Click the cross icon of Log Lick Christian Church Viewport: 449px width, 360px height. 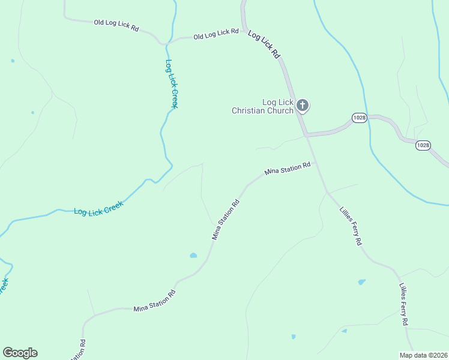tap(303, 106)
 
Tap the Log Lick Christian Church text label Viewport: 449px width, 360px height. tap(263, 106)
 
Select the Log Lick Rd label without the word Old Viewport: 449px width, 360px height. tap(264, 45)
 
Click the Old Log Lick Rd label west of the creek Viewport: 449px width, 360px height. tap(116, 25)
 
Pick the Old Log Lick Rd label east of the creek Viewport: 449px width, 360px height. tap(216, 35)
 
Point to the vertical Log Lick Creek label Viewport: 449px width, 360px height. tap(171, 84)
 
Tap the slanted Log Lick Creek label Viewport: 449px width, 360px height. tap(98, 208)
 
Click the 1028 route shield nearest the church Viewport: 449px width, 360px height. tap(359, 118)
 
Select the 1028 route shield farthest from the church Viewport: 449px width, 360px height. tap(423, 145)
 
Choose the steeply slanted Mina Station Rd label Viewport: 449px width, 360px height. tap(226, 220)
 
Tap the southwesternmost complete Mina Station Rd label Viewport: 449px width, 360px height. tap(154, 301)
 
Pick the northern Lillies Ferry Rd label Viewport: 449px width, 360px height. tap(351, 226)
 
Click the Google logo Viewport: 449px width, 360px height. tap(20, 353)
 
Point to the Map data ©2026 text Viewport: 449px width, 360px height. tap(423, 355)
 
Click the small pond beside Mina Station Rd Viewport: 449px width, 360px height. tap(193, 256)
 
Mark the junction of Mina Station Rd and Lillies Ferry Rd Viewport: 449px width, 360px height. tap(315, 162)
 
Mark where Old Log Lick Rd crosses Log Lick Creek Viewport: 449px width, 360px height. tap(166, 43)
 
